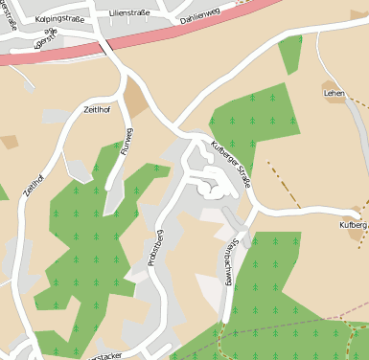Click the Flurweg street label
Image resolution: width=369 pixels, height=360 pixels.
click(x=125, y=141)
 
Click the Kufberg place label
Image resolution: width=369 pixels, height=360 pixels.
click(x=353, y=225)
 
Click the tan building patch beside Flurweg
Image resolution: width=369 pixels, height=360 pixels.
click(x=135, y=99)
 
